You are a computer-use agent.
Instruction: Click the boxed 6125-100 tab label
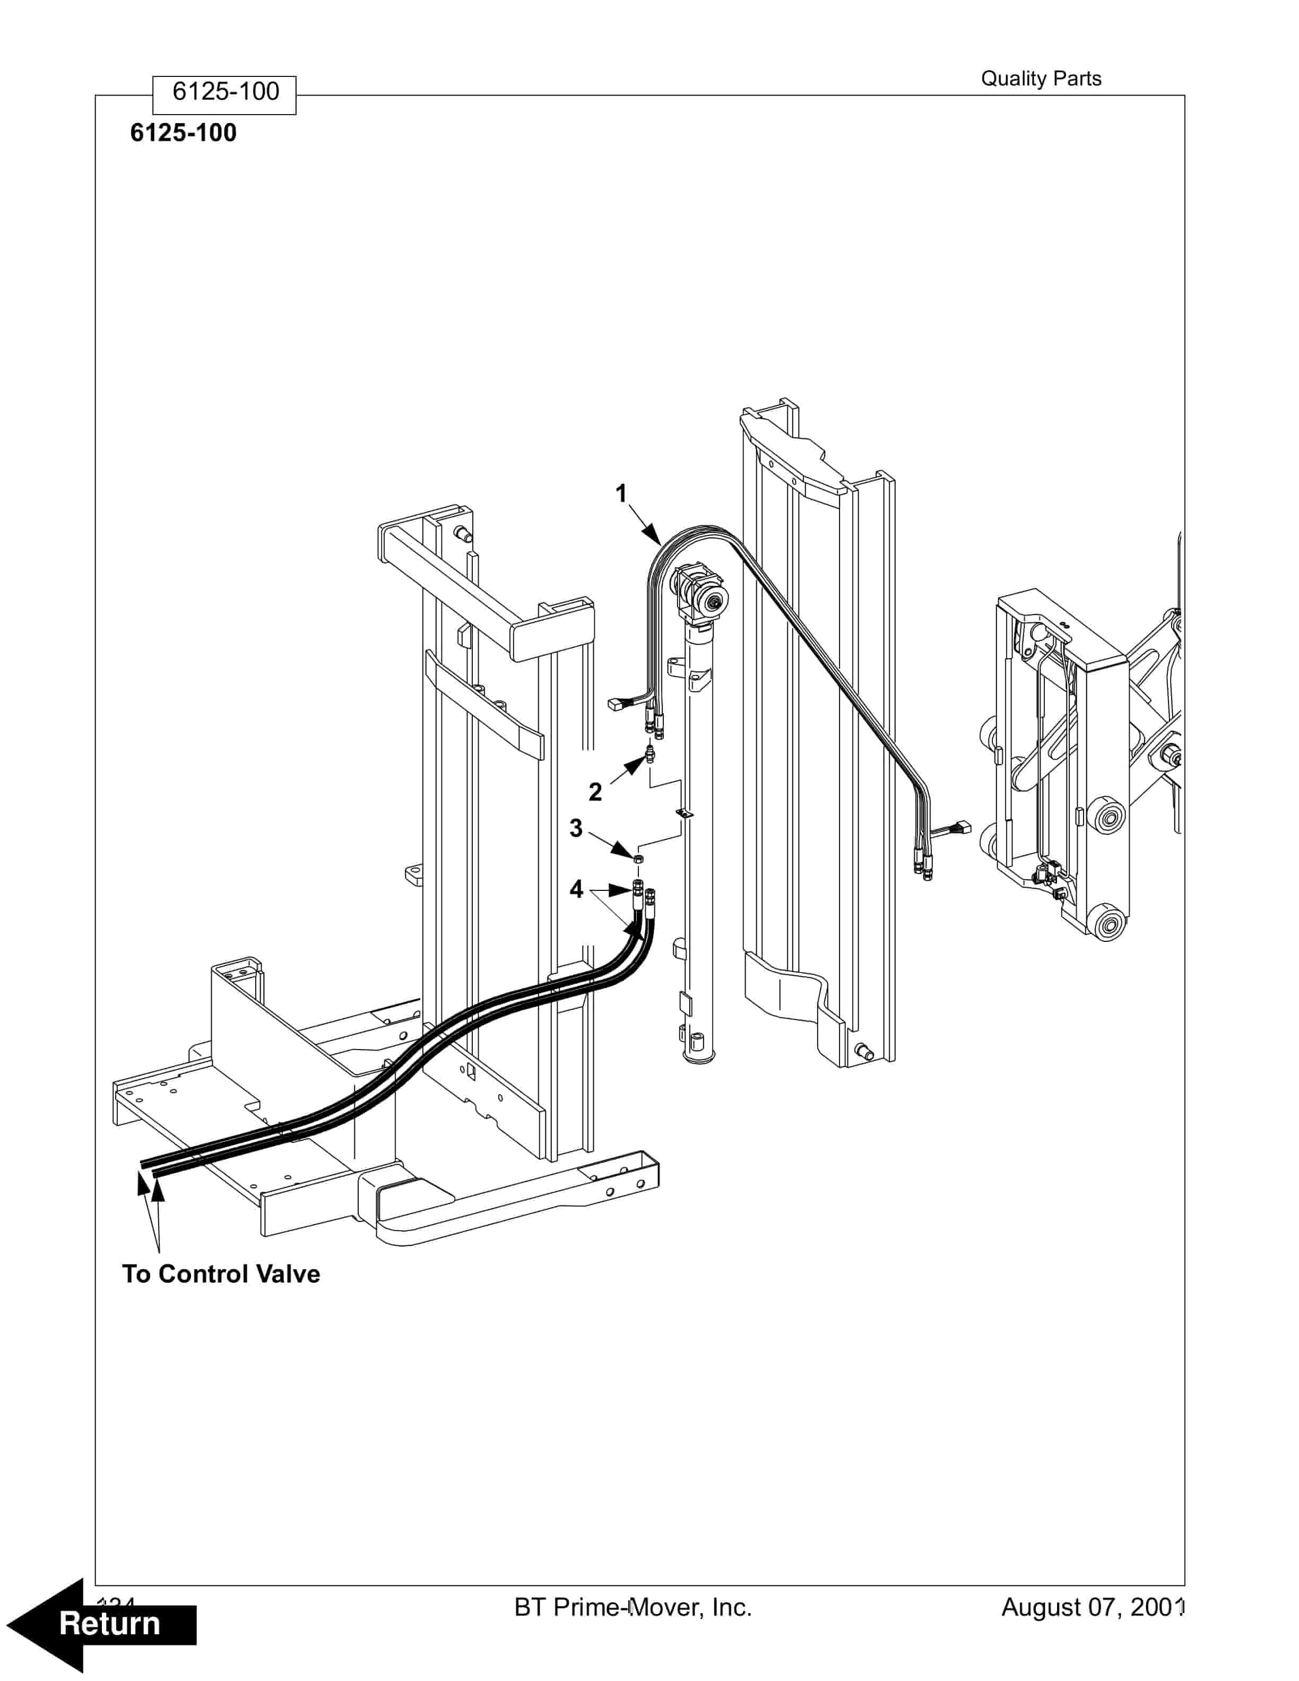pos(224,92)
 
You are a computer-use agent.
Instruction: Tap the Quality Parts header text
pos(1041,79)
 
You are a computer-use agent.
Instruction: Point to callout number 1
pos(621,493)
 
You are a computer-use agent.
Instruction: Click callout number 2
pos(595,791)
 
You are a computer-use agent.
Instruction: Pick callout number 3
pos(576,828)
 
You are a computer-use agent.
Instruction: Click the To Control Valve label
pos(221,1274)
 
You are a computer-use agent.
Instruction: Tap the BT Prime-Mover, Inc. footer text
pos(633,1607)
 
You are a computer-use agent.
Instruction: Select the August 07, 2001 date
pos(1091,1607)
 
